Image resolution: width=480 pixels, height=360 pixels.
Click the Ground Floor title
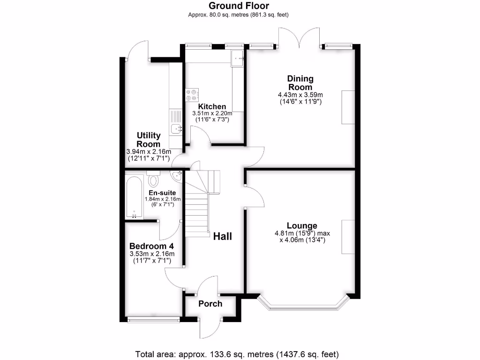tap(239, 6)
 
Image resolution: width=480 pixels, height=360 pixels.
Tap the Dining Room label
tap(300, 83)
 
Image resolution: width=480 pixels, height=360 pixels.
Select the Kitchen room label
tap(212, 107)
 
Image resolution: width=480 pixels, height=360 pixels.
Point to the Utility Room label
tap(148, 140)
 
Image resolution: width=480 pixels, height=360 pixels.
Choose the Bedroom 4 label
tap(148, 247)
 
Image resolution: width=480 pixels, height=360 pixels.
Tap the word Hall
tap(223, 236)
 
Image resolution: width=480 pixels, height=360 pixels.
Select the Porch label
tap(210, 304)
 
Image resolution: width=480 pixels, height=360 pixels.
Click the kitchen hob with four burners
tap(192, 95)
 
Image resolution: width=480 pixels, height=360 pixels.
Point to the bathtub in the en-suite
tap(135, 197)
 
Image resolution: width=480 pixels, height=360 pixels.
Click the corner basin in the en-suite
tap(177, 176)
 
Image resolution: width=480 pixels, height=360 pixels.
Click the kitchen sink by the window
tap(237, 59)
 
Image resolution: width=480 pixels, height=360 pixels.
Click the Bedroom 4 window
tap(153, 320)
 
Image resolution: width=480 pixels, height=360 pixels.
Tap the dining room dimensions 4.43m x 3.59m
tap(300, 95)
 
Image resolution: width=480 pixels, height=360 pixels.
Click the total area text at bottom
tap(237, 353)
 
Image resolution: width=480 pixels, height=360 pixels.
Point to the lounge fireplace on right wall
tap(348, 237)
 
